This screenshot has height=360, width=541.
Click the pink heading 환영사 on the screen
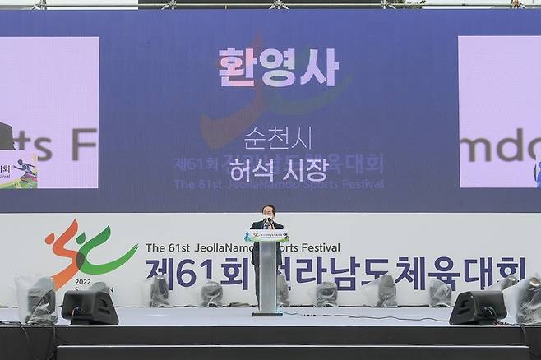click(x=277, y=68)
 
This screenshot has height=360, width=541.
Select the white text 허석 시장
click(x=278, y=169)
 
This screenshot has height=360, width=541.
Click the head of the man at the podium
click(x=267, y=211)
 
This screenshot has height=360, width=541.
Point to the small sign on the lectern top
click(x=266, y=236)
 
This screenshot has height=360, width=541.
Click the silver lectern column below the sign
click(x=266, y=278)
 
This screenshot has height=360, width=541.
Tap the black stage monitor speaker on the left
click(x=89, y=307)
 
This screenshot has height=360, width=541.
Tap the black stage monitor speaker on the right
click(x=478, y=307)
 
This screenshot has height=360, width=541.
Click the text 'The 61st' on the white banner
click(x=167, y=247)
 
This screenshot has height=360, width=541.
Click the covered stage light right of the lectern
click(x=326, y=293)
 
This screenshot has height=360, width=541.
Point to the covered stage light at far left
click(x=37, y=298)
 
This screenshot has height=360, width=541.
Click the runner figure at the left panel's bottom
click(x=25, y=170)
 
